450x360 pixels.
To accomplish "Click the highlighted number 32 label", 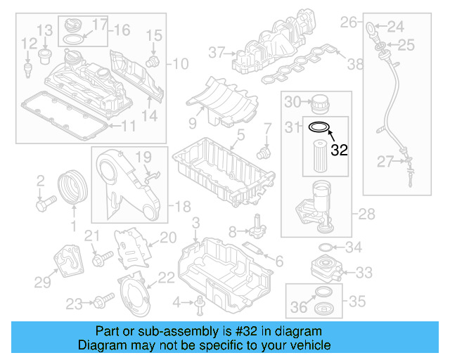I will [340, 149].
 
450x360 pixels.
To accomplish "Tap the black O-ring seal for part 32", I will [320, 127].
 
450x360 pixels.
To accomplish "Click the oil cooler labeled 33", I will [322, 271].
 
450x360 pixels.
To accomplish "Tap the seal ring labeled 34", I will [325, 247].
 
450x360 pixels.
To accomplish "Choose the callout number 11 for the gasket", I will [128, 126].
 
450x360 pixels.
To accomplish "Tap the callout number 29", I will [43, 282].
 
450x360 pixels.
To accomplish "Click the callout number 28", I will [368, 213].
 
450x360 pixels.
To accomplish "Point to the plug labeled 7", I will [264, 150].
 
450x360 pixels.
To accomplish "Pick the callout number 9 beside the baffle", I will [191, 123].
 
